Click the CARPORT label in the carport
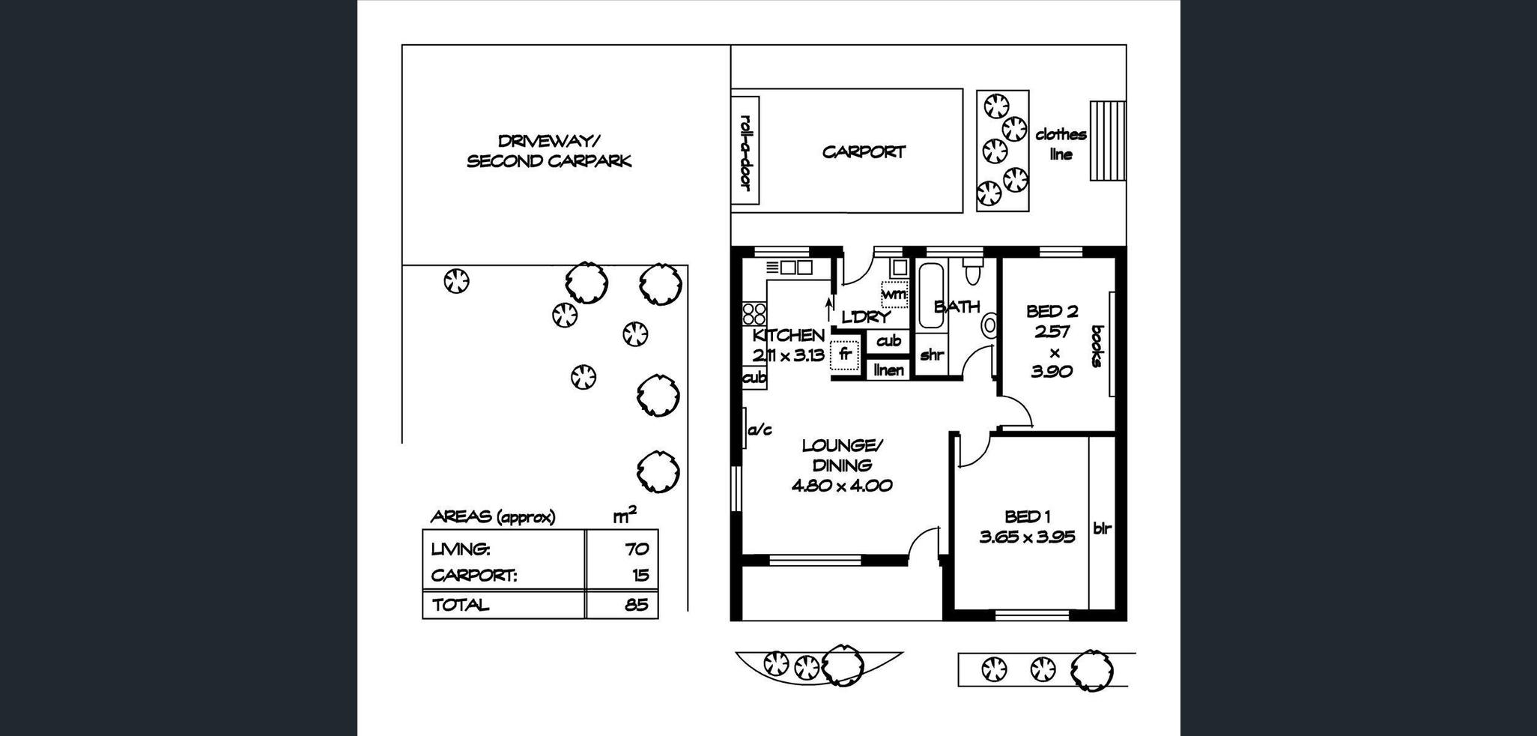click(x=864, y=152)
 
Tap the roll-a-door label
click(x=745, y=152)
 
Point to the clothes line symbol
click(x=1107, y=141)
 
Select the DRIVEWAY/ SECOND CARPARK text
click(x=549, y=151)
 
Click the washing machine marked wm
click(x=894, y=294)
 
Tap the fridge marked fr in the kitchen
click(x=845, y=355)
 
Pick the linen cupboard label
click(x=889, y=369)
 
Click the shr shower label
click(x=931, y=355)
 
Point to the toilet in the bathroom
click(x=972, y=271)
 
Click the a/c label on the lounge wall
click(x=760, y=430)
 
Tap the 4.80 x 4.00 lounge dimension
click(x=842, y=486)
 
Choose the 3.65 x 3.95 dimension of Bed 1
click(x=1027, y=537)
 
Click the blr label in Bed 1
click(x=1102, y=528)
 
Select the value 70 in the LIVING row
click(x=637, y=549)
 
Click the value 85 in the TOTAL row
click(x=637, y=605)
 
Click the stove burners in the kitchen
click(x=754, y=313)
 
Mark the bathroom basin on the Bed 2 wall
click(x=989, y=325)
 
